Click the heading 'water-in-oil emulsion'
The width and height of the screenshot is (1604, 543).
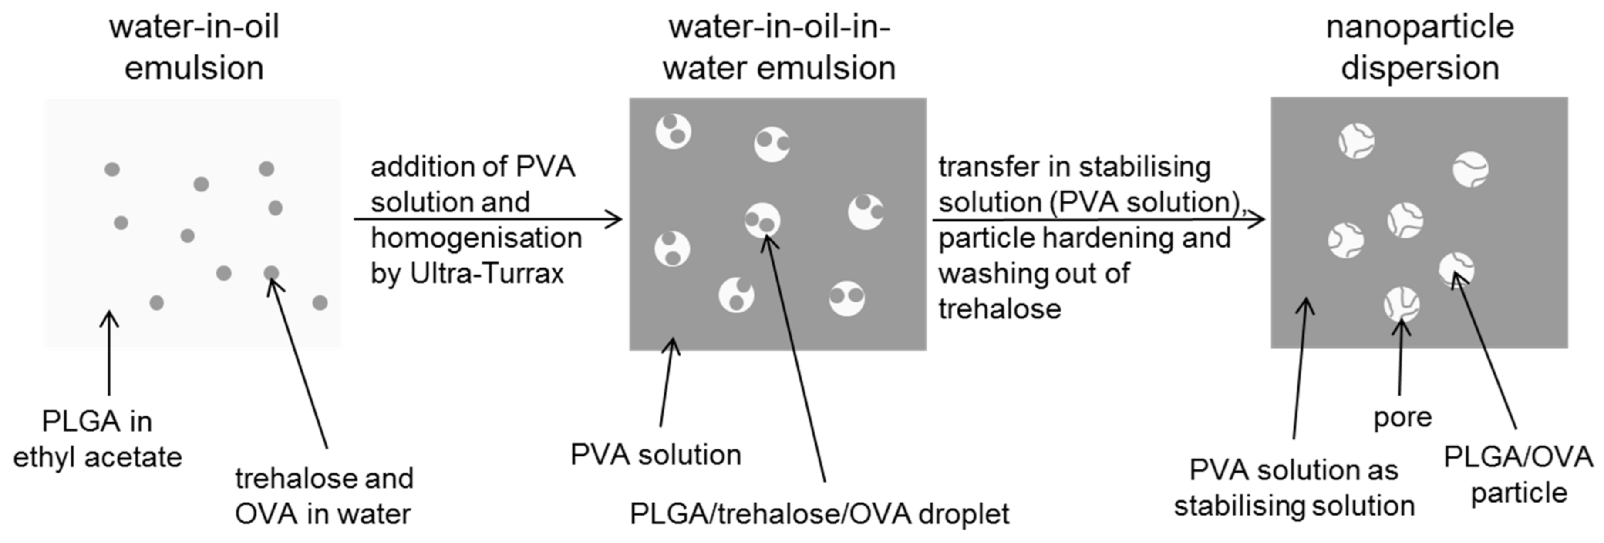(194, 47)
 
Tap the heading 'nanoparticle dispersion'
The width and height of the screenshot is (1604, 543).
(1420, 47)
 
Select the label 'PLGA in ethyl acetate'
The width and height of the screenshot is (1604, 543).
(97, 439)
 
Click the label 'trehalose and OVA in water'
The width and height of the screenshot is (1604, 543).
(324, 496)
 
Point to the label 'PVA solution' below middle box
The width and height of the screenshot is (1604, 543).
(656, 455)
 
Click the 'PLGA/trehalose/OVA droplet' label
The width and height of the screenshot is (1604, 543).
(819, 514)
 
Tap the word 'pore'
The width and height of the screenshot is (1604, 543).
(1403, 417)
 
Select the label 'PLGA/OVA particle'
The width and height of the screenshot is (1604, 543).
(1518, 475)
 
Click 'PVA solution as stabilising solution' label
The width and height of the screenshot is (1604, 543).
(1294, 488)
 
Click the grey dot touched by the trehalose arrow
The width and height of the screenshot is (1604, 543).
(271, 272)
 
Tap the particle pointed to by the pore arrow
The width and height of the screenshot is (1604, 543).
(1401, 305)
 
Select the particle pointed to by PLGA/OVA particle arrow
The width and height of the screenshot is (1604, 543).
(1456, 269)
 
